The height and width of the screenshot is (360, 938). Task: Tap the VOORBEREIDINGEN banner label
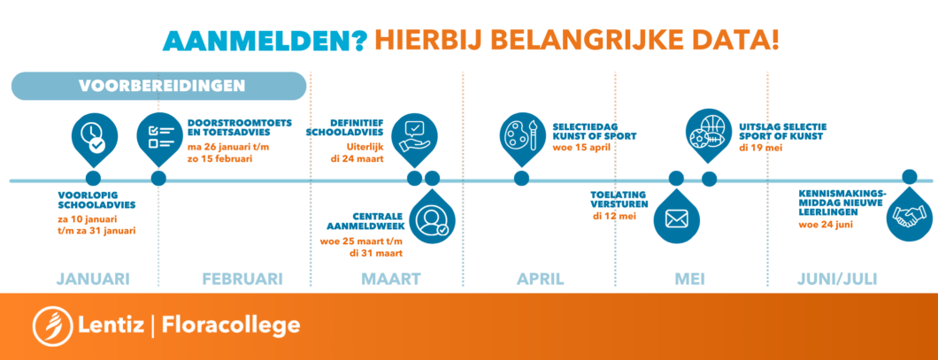[162, 86]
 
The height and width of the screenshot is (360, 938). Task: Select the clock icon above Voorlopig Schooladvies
[94, 137]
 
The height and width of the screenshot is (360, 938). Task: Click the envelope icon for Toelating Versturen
[677, 218]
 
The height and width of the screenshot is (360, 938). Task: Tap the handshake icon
[910, 215]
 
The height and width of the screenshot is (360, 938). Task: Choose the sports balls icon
[709, 134]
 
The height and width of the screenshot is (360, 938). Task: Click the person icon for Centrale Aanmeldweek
[432, 220]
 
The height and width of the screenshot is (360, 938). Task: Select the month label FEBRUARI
[242, 279]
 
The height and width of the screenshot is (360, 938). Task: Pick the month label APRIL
[540, 279]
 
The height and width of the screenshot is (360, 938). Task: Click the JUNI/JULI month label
[837, 279]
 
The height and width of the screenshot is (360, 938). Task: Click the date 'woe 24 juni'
[826, 226]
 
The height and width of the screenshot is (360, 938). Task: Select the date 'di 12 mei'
[614, 216]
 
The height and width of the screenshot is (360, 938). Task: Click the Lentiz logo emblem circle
[52, 326]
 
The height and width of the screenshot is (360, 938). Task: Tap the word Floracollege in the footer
[231, 326]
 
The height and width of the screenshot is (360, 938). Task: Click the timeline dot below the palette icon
[521, 178]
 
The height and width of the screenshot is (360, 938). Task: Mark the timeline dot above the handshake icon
[910, 176]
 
